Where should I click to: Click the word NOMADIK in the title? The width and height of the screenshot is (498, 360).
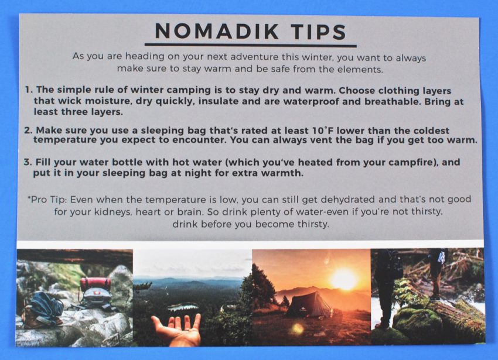(217, 31)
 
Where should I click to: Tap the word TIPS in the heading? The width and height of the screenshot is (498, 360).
(319, 32)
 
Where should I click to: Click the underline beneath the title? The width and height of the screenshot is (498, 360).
(251, 45)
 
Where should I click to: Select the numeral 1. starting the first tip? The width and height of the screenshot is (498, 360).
(29, 90)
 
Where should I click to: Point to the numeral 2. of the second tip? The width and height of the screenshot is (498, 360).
(28, 130)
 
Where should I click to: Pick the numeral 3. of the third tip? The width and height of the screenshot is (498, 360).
(28, 162)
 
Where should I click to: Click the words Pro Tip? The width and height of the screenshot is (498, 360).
(47, 200)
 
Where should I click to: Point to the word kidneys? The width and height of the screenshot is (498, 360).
(112, 212)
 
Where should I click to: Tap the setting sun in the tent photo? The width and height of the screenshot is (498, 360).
(344, 279)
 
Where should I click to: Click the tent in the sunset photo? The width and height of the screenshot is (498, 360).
(309, 305)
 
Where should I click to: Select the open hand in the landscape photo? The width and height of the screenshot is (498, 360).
(176, 328)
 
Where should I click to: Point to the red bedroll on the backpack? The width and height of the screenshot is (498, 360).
(95, 283)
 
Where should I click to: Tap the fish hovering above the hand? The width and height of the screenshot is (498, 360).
(183, 307)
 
